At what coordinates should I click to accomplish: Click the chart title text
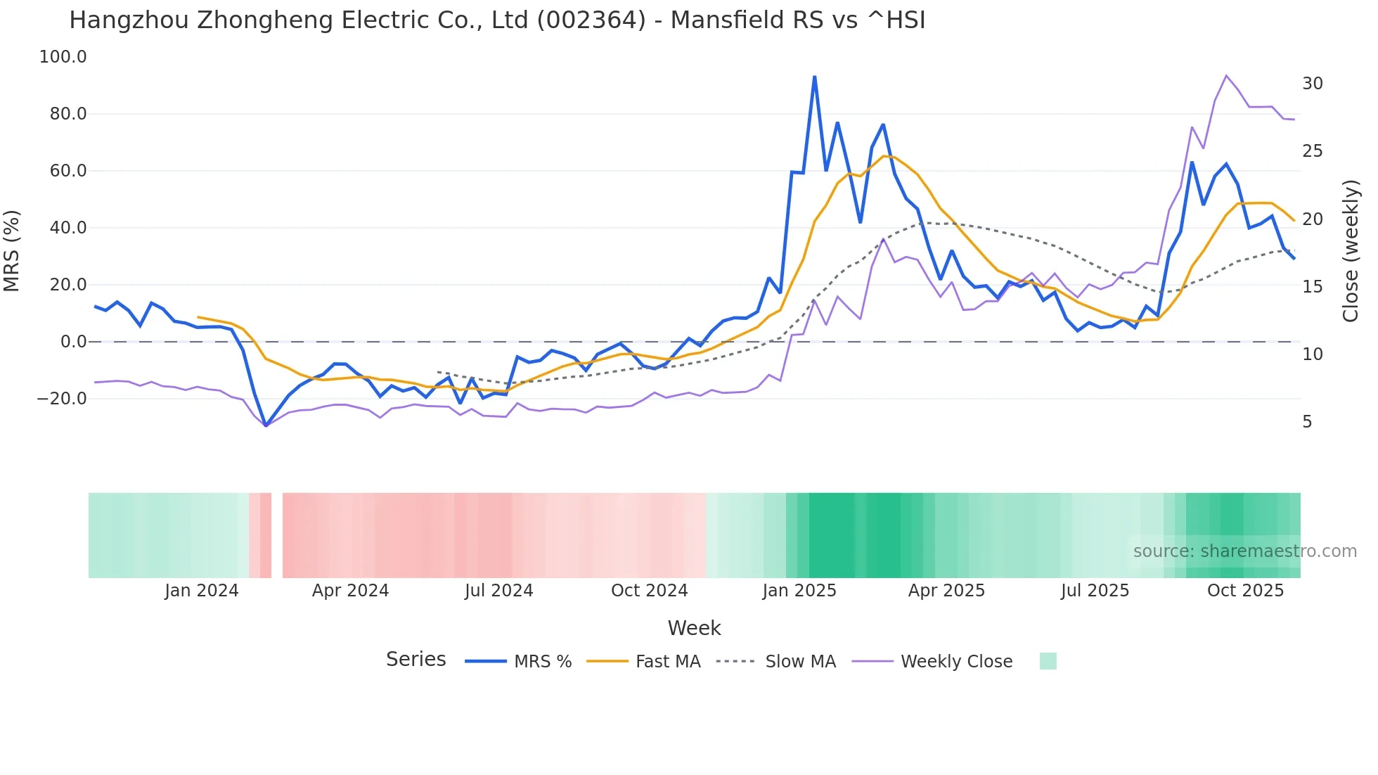tap(497, 20)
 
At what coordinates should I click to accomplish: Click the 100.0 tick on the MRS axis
tap(63, 57)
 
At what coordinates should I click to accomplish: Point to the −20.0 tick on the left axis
tap(62, 399)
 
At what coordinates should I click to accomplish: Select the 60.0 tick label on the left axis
tap(67, 171)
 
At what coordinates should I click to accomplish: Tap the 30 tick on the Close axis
tap(1312, 84)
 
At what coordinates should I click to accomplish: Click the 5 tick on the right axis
tap(1307, 422)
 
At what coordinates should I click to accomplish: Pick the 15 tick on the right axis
tap(1312, 287)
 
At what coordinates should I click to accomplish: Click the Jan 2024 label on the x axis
tap(202, 591)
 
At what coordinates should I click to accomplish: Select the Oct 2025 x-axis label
tap(1245, 591)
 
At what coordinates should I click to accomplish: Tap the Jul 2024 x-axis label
tap(498, 591)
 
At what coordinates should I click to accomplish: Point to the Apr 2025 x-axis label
tap(946, 591)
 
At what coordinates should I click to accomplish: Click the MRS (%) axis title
tap(12, 250)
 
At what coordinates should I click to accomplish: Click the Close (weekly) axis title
tap(1351, 251)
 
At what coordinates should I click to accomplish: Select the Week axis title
tap(694, 628)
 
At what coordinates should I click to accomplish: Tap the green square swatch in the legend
tap(1048, 661)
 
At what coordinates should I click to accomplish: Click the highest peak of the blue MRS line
tap(814, 77)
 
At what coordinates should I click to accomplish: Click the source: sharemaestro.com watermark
tap(1244, 551)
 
